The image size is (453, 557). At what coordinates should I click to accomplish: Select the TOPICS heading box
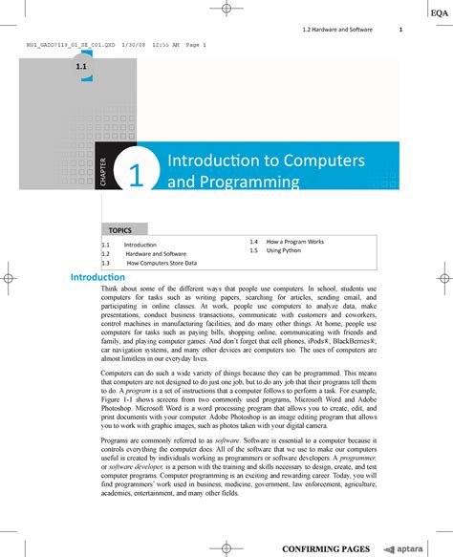pos(120,230)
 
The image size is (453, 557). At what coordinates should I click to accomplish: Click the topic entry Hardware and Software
pos(157,254)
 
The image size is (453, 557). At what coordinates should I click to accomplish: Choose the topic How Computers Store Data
pos(162,263)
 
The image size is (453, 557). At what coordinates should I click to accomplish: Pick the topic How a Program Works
pos(295,242)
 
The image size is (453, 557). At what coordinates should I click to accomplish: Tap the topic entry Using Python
pos(283,250)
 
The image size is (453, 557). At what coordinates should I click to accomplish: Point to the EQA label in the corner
pos(438,11)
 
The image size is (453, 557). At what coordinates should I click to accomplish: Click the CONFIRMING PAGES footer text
pos(325,548)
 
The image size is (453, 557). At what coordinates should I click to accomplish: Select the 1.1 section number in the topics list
pos(106,246)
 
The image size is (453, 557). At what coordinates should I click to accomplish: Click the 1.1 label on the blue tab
pos(82,70)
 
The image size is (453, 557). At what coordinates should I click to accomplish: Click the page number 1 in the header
pos(400,30)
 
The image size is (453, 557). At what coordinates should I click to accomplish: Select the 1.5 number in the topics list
pos(254,250)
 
